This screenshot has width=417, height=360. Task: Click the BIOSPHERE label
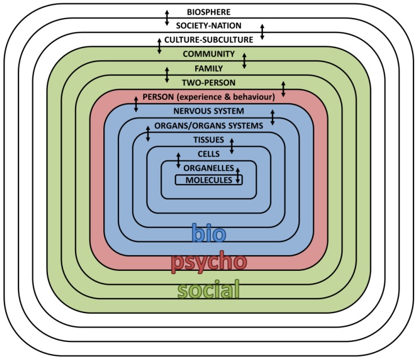208,11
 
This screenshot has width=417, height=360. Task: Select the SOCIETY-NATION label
208,25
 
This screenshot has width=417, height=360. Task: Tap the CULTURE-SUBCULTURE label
209,40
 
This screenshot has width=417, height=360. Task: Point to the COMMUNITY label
208,54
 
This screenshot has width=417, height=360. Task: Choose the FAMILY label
208,68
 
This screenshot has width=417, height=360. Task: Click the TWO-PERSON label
208,82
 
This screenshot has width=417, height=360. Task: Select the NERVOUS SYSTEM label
208,111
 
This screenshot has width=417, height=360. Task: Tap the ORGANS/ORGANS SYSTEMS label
208,125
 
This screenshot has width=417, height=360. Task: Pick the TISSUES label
208,139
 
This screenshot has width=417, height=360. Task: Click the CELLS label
208,153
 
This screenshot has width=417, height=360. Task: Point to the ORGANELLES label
208,168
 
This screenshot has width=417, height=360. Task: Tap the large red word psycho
208,262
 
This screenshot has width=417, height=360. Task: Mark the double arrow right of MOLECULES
238,176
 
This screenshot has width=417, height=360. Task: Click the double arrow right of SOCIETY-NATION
262,32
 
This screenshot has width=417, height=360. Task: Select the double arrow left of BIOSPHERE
166,17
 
